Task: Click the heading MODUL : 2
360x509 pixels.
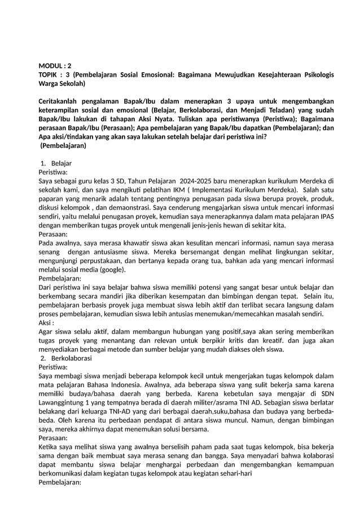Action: (x=55, y=65)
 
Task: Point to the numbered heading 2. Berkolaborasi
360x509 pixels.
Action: (x=70, y=358)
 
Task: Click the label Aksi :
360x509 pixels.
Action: (x=46, y=323)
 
